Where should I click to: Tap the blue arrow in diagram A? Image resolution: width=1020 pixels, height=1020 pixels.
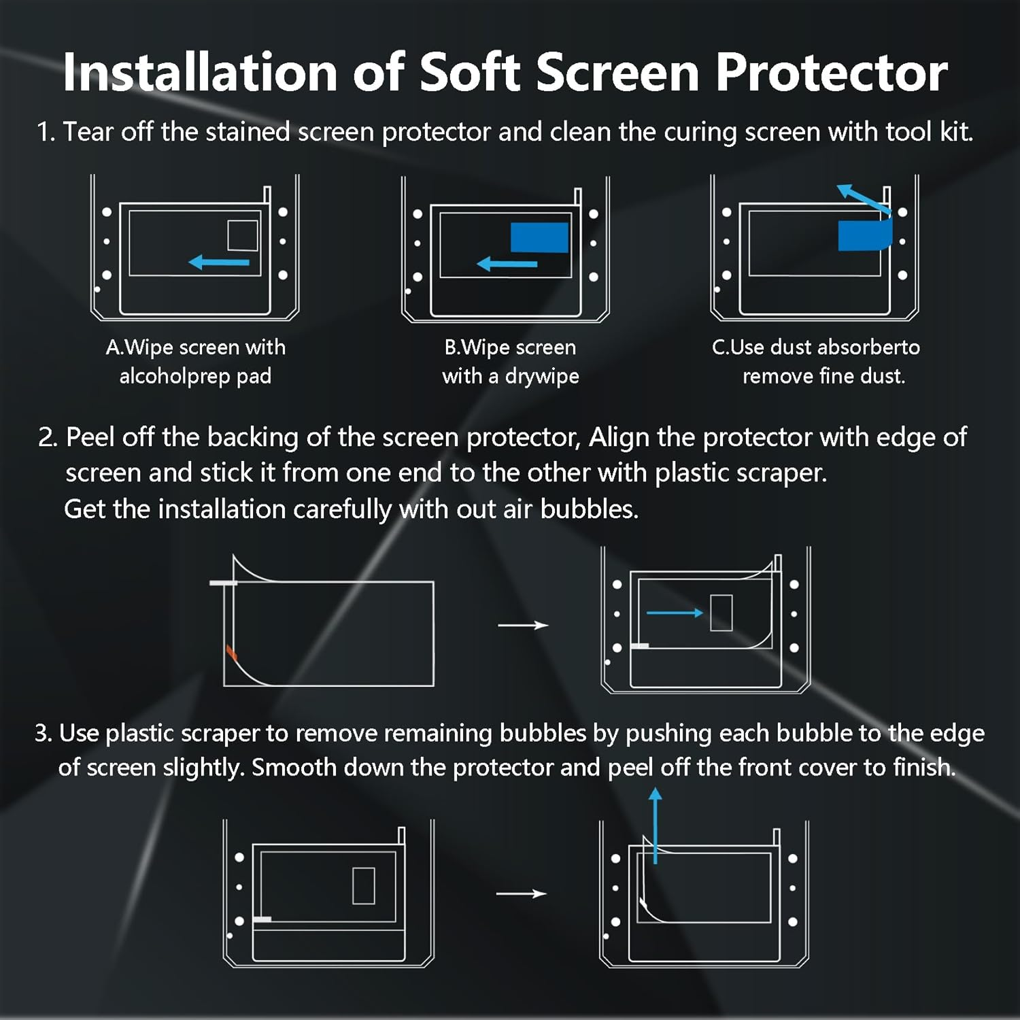219,262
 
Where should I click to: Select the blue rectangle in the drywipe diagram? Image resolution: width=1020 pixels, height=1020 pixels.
539,237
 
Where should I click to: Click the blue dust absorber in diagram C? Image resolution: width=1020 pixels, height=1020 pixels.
864,235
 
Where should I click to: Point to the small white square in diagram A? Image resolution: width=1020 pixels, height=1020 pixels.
243,235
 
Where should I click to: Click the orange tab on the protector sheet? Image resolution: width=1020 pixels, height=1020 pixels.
231,653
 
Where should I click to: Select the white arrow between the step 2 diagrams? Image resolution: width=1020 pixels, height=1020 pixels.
523,625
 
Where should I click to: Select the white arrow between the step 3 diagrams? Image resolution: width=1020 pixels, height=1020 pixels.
522,894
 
